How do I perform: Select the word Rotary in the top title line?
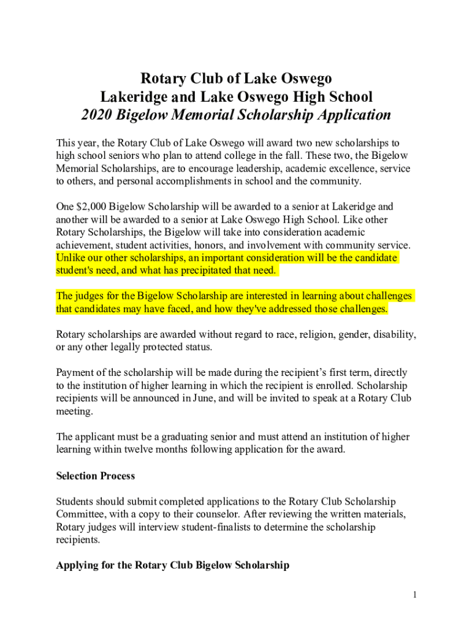162,78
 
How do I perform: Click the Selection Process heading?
95,476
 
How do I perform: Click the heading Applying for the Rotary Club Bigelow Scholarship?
172,565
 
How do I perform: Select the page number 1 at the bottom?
415,594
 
